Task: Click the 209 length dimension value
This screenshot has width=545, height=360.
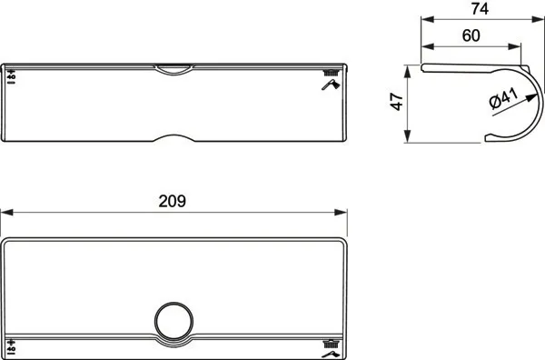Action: point(173,202)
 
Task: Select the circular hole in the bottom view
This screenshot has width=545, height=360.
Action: point(173,322)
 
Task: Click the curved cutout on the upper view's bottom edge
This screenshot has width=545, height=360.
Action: point(173,139)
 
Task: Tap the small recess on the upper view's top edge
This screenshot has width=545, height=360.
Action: point(173,67)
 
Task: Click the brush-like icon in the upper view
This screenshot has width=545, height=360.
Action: point(331,74)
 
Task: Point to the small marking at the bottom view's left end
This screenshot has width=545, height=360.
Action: point(11,344)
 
